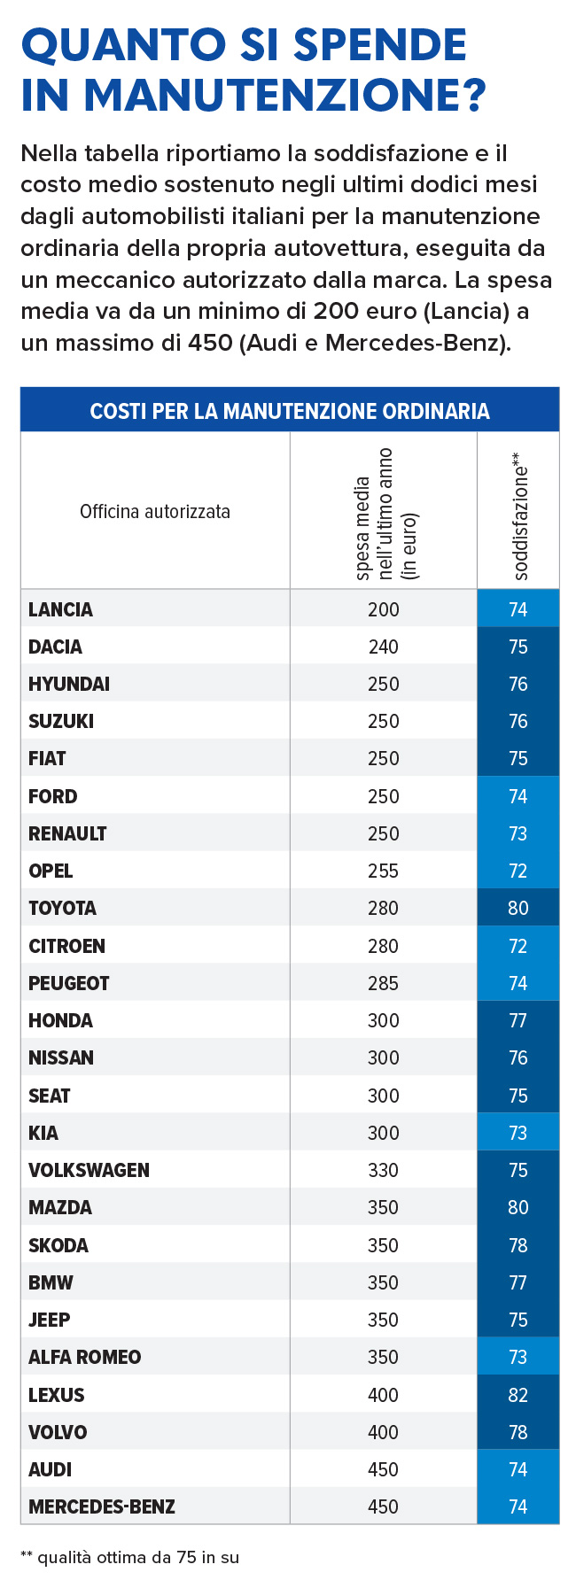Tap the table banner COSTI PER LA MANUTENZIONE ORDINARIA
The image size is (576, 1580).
(290, 411)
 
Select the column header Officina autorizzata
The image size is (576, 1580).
(155, 512)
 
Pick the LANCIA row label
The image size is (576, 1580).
(60, 609)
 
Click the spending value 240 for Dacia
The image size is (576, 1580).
(384, 647)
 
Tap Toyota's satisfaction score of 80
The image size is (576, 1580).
(518, 908)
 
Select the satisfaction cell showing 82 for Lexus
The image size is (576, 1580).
(518, 1395)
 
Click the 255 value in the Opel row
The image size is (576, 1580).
(384, 871)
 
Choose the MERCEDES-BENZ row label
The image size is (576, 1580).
(102, 1506)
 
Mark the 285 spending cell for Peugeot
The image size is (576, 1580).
(384, 983)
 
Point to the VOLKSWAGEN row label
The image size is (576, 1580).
(89, 1170)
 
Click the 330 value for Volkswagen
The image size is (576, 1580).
(384, 1170)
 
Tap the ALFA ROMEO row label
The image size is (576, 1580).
(84, 1357)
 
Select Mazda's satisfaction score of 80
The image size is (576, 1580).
(518, 1207)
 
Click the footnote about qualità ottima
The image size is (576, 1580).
(130, 1557)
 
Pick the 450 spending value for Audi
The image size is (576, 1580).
(384, 1469)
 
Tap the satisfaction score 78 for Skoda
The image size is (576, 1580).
(518, 1245)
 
